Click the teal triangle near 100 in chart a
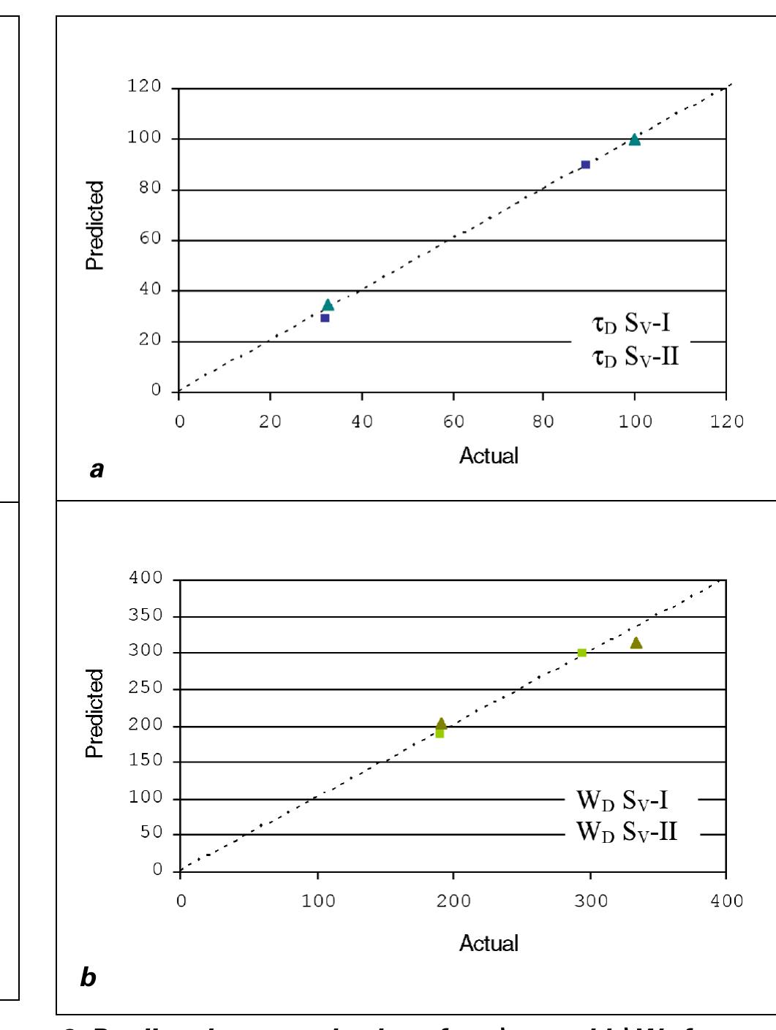635,140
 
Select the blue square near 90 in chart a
585,164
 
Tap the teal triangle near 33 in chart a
328,305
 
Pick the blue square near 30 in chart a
325,318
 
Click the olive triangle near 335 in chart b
636,643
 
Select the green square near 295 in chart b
582,653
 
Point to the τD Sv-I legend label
631,323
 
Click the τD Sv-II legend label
636,357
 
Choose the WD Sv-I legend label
622,800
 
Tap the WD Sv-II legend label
627,832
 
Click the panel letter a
97,469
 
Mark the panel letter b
88,977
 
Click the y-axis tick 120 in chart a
144,86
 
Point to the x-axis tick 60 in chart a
453,422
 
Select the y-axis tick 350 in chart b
146,616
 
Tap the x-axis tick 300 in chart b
591,901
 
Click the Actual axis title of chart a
489,455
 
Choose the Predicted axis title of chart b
95,713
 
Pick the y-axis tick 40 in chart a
150,289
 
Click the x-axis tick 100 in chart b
318,901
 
